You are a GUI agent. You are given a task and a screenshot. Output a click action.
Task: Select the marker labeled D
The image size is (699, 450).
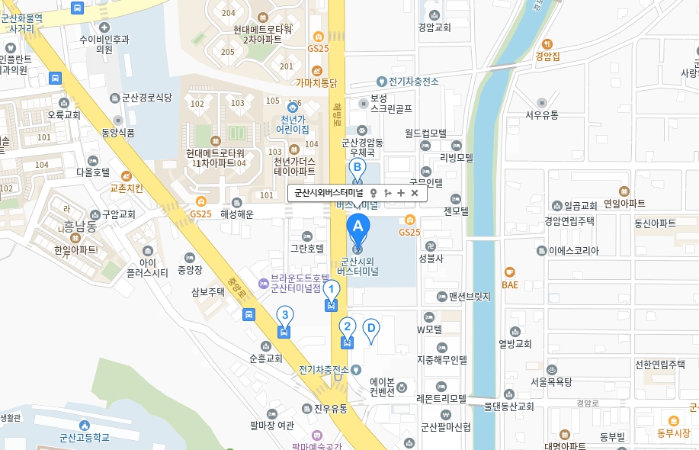pos(370,329)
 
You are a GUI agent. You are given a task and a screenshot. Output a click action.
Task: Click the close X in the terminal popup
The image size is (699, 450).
pos(415,193)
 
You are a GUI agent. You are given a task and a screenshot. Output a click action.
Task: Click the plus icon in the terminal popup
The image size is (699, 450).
pos(401,193)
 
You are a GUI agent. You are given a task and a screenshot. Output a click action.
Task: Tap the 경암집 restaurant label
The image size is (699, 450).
pos(547,56)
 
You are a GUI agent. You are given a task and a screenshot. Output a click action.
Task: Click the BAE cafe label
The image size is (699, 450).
pos(510,284)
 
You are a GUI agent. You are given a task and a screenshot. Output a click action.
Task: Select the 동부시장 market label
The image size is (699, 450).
pos(673,432)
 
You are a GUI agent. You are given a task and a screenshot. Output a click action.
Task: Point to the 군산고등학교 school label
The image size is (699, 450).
pos(85,437)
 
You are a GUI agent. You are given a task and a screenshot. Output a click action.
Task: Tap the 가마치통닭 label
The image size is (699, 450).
pos(317,82)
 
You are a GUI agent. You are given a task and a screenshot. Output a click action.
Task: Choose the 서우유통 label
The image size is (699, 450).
pos(542,114)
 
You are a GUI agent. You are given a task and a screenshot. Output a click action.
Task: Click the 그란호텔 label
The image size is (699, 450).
pos(307,248)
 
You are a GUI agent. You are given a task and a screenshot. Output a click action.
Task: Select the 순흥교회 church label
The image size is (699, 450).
pos(266,358)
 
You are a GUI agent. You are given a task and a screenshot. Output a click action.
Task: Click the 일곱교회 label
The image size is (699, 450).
pos(580,206)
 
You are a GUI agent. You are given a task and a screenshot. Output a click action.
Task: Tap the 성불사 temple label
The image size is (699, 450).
pos(431,259)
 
